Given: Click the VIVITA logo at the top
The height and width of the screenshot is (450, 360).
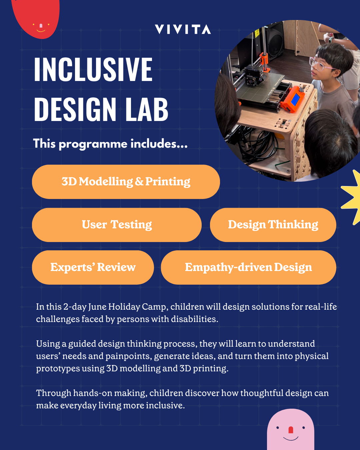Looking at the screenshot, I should point(183,29).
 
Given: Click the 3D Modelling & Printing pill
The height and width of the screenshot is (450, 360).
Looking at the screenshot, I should point(126,182).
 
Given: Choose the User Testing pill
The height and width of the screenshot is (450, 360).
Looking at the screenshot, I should point(117,225).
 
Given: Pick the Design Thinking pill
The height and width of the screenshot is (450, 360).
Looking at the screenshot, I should point(273,225).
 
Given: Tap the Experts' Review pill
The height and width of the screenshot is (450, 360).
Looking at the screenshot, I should point(93,267).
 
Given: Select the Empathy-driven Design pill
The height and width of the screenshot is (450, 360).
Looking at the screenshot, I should point(248,267).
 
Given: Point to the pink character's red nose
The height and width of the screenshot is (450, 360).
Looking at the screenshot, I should point(290,430).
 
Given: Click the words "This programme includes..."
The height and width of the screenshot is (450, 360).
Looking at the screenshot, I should point(110,144).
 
